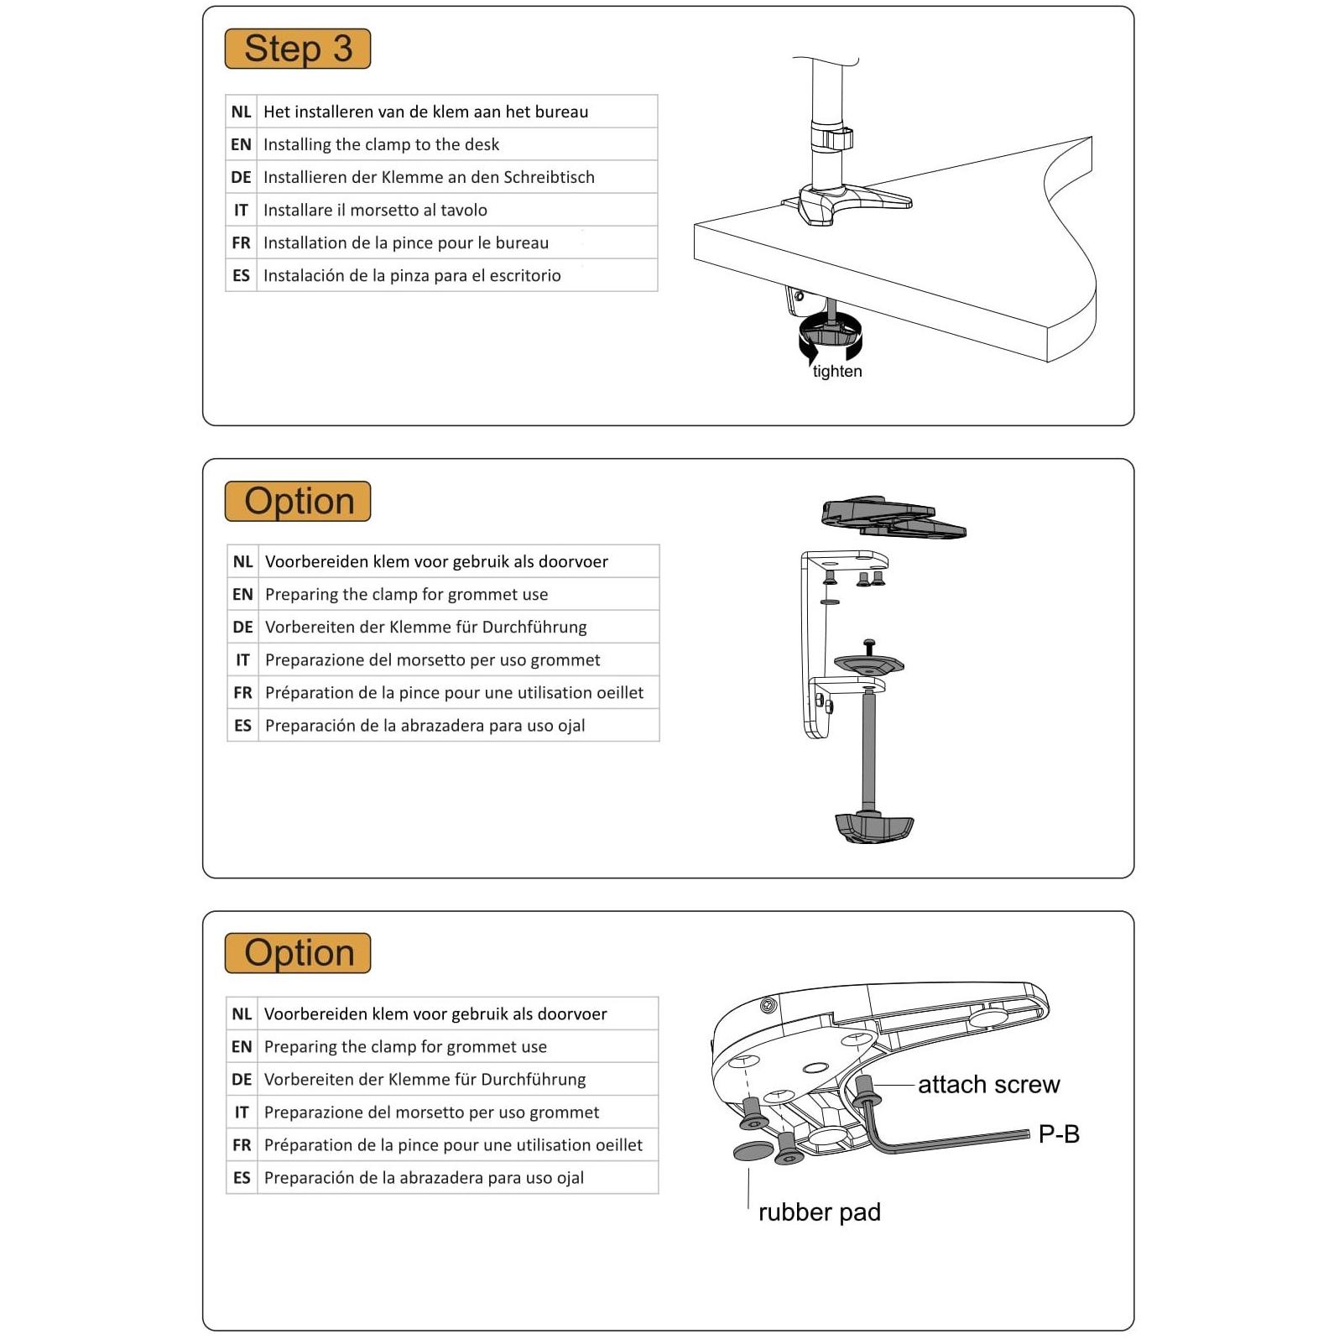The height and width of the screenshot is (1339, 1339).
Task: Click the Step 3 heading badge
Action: (298, 49)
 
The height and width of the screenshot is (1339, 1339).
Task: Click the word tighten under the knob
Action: (837, 372)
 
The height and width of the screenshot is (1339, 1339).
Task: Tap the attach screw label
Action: (989, 1085)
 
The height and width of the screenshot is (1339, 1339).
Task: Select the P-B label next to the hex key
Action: (1059, 1134)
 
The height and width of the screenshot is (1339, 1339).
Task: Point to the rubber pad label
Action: (820, 1212)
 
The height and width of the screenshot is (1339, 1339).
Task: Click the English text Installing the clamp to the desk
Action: (382, 144)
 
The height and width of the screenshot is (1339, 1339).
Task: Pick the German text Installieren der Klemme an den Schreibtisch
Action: (429, 177)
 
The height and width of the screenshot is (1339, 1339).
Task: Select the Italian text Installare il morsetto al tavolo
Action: (375, 210)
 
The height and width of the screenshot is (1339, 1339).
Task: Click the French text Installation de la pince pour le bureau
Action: (406, 242)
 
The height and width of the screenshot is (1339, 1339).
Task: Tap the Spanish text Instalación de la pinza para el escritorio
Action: (412, 275)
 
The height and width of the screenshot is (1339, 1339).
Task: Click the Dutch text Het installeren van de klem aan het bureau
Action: (425, 112)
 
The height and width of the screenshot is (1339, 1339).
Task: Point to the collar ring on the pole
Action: (831, 139)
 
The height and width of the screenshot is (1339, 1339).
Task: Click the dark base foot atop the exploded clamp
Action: (893, 518)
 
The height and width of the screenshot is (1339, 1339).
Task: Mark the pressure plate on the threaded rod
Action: (869, 664)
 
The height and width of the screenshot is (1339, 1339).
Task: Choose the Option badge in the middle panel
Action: (298, 501)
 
